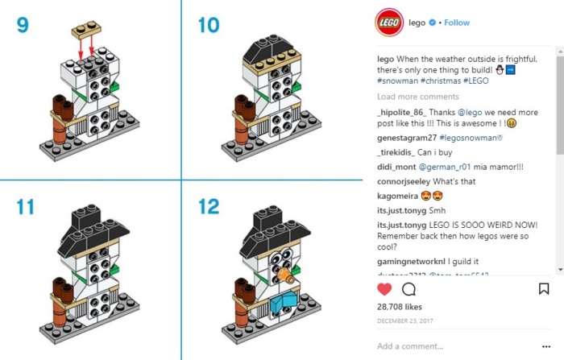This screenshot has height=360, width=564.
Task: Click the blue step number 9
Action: click(22, 24)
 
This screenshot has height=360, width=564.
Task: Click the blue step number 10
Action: click(208, 24)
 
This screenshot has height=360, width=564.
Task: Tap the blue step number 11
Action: click(25, 206)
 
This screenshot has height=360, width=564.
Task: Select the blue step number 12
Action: click(209, 206)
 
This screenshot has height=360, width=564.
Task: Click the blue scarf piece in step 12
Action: click(283, 302)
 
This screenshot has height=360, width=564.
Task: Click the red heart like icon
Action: click(384, 288)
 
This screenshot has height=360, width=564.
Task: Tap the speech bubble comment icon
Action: click(408, 288)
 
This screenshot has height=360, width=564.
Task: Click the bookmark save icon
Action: click(543, 288)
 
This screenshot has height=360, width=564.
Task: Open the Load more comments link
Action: click(417, 97)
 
